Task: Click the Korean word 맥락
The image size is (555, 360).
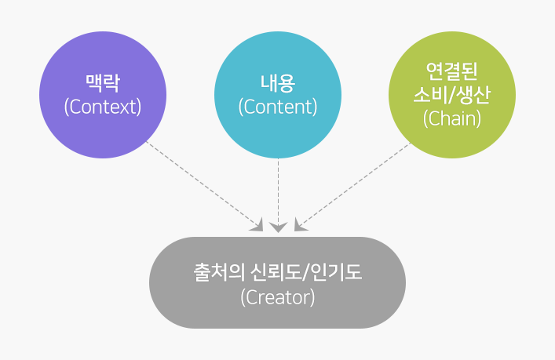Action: click(102, 82)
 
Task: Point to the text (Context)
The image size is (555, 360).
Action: click(102, 107)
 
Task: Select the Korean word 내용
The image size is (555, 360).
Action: click(277, 82)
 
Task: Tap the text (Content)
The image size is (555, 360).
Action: click(277, 107)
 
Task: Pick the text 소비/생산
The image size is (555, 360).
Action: click(452, 95)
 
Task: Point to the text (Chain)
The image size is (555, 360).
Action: click(452, 119)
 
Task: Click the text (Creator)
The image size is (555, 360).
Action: click(277, 298)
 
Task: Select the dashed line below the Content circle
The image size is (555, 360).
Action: click(278, 188)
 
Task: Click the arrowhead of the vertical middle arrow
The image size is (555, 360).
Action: click(278, 227)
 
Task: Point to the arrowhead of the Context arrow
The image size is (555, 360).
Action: click(257, 227)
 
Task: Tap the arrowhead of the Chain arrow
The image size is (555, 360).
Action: click(299, 226)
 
